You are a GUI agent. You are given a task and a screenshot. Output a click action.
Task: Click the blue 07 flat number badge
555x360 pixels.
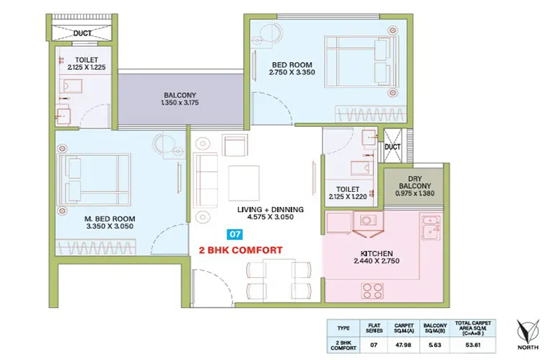pos(235,234)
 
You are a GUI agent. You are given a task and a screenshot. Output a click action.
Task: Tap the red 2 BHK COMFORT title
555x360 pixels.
pos(240,250)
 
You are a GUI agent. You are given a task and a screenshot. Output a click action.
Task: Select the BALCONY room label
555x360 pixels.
pos(180,95)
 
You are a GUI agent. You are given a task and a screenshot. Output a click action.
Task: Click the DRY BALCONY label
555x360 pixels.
pos(415,183)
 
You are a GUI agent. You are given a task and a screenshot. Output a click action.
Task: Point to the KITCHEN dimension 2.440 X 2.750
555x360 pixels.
pos(377,261)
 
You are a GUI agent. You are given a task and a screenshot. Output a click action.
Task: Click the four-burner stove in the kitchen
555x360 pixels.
pos(372,290)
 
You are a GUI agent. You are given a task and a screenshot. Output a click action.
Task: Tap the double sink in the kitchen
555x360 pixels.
pos(431,227)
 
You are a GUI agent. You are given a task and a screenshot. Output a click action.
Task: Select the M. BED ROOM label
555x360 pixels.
pos(110,219)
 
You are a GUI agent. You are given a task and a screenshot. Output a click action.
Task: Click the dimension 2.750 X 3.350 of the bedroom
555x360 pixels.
pos(292,72)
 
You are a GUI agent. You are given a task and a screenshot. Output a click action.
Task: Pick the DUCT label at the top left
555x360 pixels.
pos(82,33)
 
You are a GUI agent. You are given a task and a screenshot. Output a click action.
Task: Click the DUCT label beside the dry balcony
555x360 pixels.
pos(393,146)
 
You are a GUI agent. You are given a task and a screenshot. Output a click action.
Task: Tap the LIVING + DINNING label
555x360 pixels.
pos(271,209)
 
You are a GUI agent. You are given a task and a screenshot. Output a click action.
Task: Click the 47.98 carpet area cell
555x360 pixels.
pos(403,345)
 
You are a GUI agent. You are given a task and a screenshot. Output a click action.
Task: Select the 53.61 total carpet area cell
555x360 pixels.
pos(473,345)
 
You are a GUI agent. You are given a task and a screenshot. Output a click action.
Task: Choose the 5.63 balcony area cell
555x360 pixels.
pos(434,345)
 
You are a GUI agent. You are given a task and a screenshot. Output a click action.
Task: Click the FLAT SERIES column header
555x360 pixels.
pos(374,328)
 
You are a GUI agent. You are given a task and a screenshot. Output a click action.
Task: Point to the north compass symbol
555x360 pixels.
pos(528,332)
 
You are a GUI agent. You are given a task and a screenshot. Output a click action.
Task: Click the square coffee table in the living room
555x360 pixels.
pos(244,183)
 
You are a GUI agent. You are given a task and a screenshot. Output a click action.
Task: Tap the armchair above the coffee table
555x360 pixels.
pos(235,144)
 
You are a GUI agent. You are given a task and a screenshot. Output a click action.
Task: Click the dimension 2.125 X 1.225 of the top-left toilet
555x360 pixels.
pos(87,67)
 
